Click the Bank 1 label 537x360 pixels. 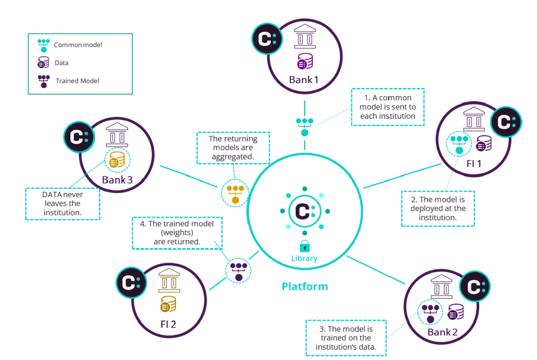point(304,80)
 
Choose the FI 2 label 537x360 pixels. point(168,323)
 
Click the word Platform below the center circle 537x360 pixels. point(305,287)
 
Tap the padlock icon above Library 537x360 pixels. point(304,246)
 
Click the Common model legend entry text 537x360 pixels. point(78,45)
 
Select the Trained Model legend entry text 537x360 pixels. point(77,81)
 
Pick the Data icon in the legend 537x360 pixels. point(44,63)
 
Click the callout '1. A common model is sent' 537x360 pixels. point(387,107)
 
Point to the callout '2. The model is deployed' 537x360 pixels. point(438,208)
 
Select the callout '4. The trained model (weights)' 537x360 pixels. point(177,232)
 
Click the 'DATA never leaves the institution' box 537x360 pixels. point(62,204)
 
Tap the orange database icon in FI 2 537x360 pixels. point(168,304)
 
